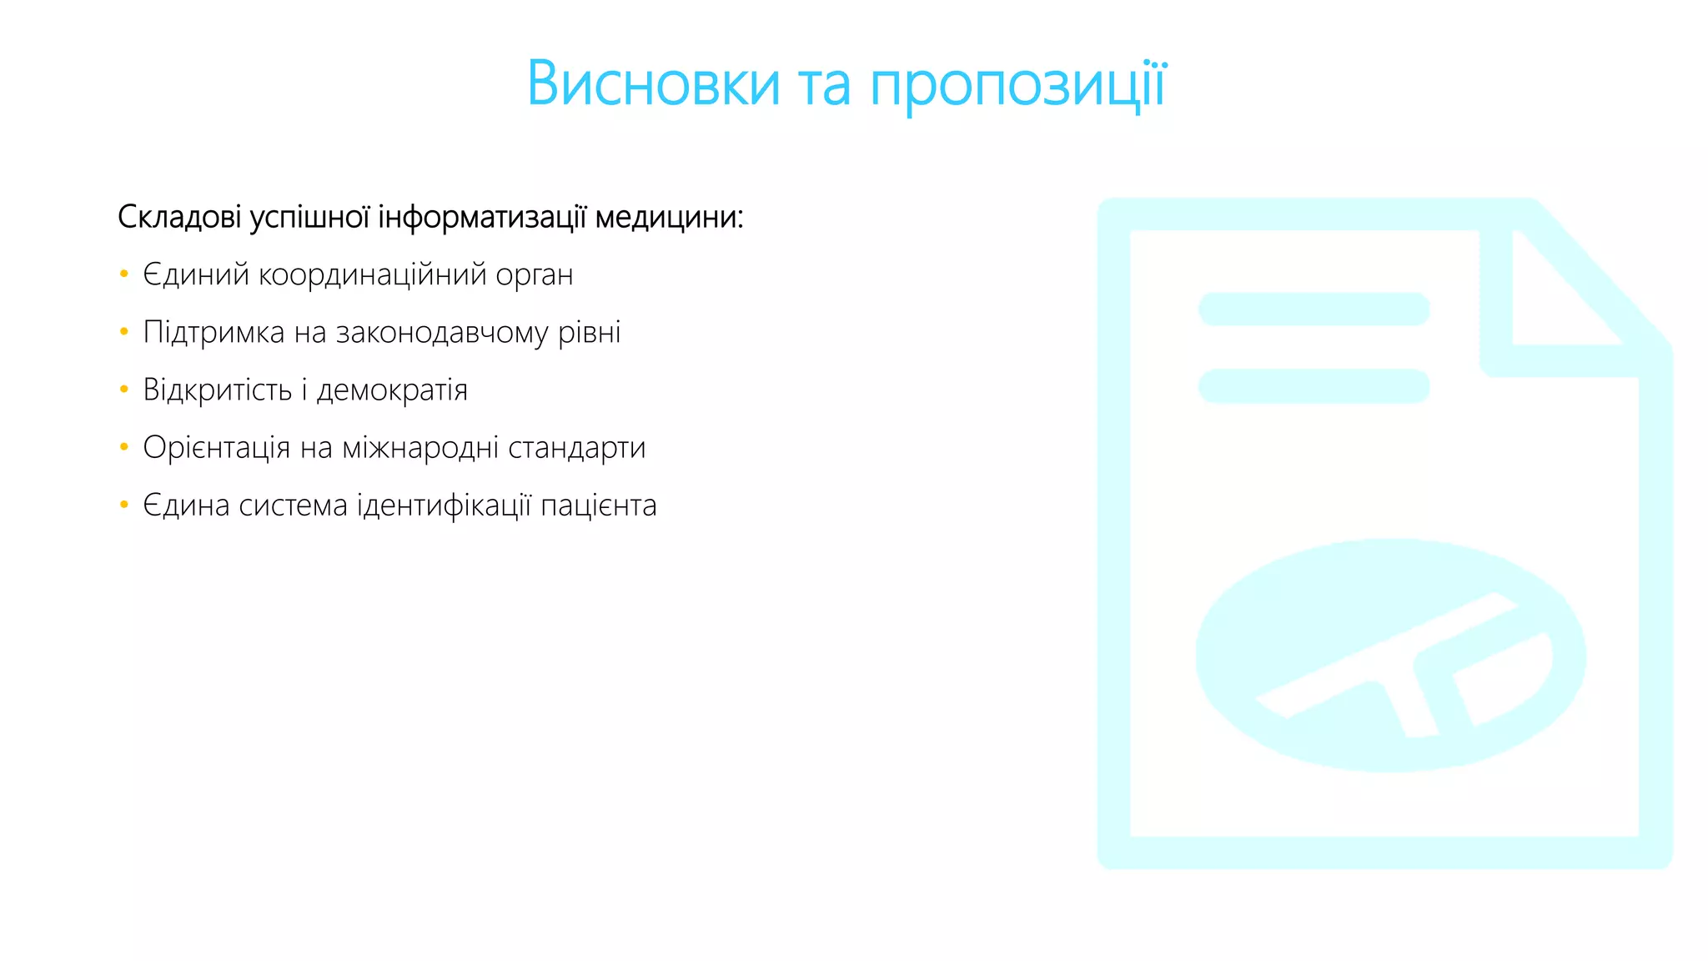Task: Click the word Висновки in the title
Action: [x=653, y=84]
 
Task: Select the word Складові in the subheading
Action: [x=179, y=217]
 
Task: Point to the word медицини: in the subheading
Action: [x=669, y=217]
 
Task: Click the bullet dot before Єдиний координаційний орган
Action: [x=124, y=274]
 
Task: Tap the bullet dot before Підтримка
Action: [x=124, y=332]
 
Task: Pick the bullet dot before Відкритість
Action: [x=124, y=390]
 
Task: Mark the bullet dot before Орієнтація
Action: [x=124, y=447]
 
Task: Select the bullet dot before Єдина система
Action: [x=124, y=505]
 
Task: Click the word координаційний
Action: [x=372, y=274]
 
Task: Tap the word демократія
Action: [x=392, y=390]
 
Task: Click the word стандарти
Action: [x=576, y=448]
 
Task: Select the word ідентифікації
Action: [x=444, y=506]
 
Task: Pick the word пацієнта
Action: [x=598, y=506]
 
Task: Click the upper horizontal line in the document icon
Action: [x=1314, y=309]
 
